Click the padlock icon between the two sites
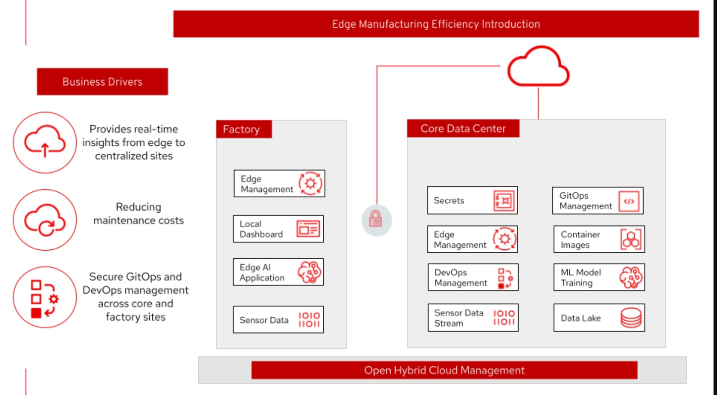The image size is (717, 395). pyautogui.click(x=376, y=220)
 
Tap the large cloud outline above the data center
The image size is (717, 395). pyautogui.click(x=538, y=67)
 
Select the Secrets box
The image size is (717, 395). pyautogui.click(x=472, y=200)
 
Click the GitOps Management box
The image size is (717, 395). pyautogui.click(x=597, y=201)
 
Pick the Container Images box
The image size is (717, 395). pyautogui.click(x=599, y=239)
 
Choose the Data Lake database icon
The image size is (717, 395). pyautogui.click(x=631, y=318)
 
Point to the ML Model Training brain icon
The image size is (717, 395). pyautogui.click(x=631, y=278)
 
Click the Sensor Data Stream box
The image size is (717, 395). pyautogui.click(x=473, y=318)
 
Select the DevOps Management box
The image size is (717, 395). pyautogui.click(x=473, y=278)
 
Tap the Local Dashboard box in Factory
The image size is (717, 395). pyautogui.click(x=278, y=229)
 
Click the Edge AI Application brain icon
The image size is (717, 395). pyautogui.click(x=309, y=272)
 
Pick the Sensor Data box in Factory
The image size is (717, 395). pyautogui.click(x=278, y=320)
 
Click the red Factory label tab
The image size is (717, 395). pyautogui.click(x=243, y=129)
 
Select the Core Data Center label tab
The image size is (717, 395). pyautogui.click(x=463, y=129)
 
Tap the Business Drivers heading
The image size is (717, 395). pyautogui.click(x=102, y=82)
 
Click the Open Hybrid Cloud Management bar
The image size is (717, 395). pyautogui.click(x=444, y=370)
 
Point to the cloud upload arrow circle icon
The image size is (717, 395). pyautogui.click(x=45, y=142)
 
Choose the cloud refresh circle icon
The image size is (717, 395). pyautogui.click(x=45, y=220)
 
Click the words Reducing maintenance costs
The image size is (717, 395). pyautogui.click(x=138, y=214)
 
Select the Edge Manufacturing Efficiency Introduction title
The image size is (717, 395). pyautogui.click(x=436, y=24)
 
